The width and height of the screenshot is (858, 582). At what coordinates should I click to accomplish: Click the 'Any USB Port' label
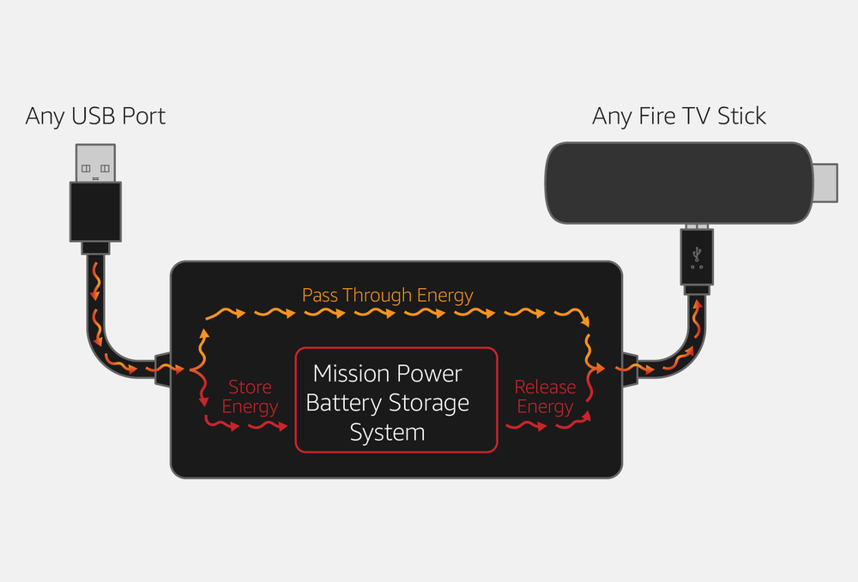[x=95, y=116]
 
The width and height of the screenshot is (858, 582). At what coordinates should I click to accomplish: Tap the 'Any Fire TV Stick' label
[x=679, y=116]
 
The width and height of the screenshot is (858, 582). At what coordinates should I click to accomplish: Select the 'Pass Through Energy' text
[x=387, y=296]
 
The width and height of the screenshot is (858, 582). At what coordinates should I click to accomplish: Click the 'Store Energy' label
[x=250, y=398]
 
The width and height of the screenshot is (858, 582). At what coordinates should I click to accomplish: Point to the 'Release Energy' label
[x=545, y=398]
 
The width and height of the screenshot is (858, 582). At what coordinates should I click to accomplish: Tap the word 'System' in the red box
[x=387, y=432]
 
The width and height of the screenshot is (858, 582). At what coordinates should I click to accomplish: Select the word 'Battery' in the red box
[x=343, y=403]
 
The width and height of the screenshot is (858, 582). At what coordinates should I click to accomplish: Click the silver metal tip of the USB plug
[x=94, y=163]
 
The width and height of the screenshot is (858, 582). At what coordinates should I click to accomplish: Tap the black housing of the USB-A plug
[x=94, y=210]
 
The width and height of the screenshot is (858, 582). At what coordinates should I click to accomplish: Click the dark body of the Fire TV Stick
[x=678, y=183]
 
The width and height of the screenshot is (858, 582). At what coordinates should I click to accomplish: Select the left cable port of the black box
[x=162, y=369]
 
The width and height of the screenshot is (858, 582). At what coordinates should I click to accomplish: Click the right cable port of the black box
[x=631, y=369]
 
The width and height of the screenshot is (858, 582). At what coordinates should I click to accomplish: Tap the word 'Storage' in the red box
[x=429, y=403]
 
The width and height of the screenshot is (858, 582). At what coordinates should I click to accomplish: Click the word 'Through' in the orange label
[x=378, y=296]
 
